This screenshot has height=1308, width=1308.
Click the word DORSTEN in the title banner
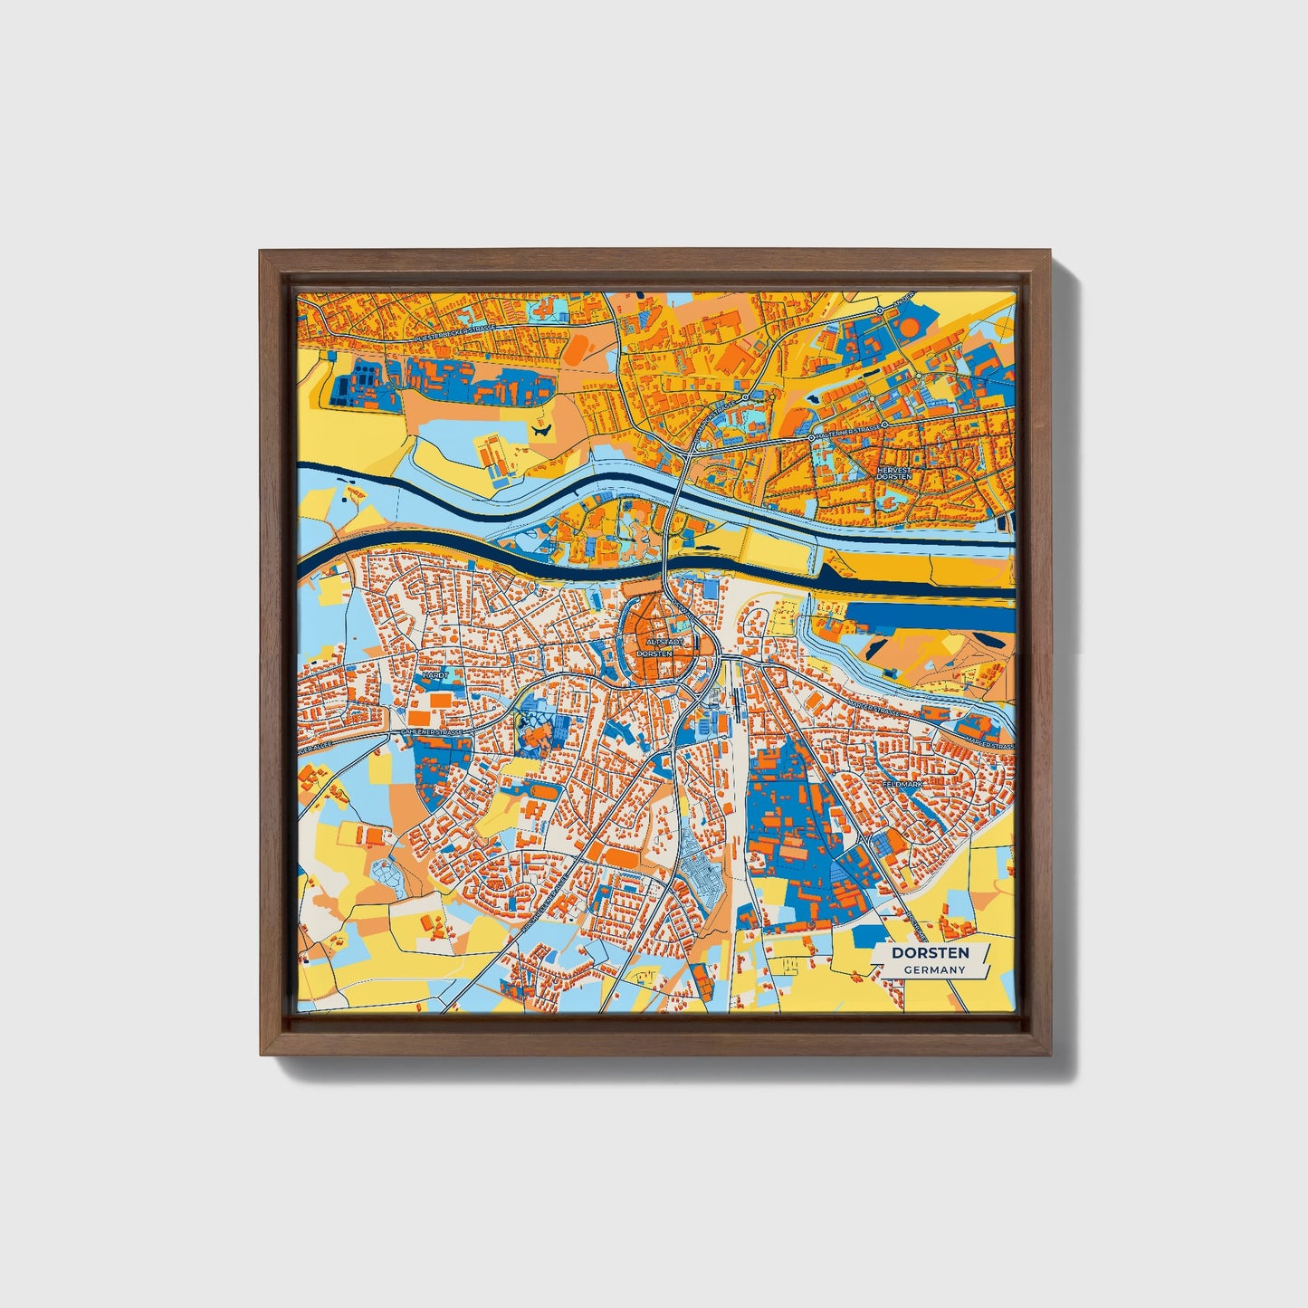pyautogui.click(x=930, y=953)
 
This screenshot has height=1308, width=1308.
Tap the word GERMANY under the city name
pyautogui.click(x=934, y=969)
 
